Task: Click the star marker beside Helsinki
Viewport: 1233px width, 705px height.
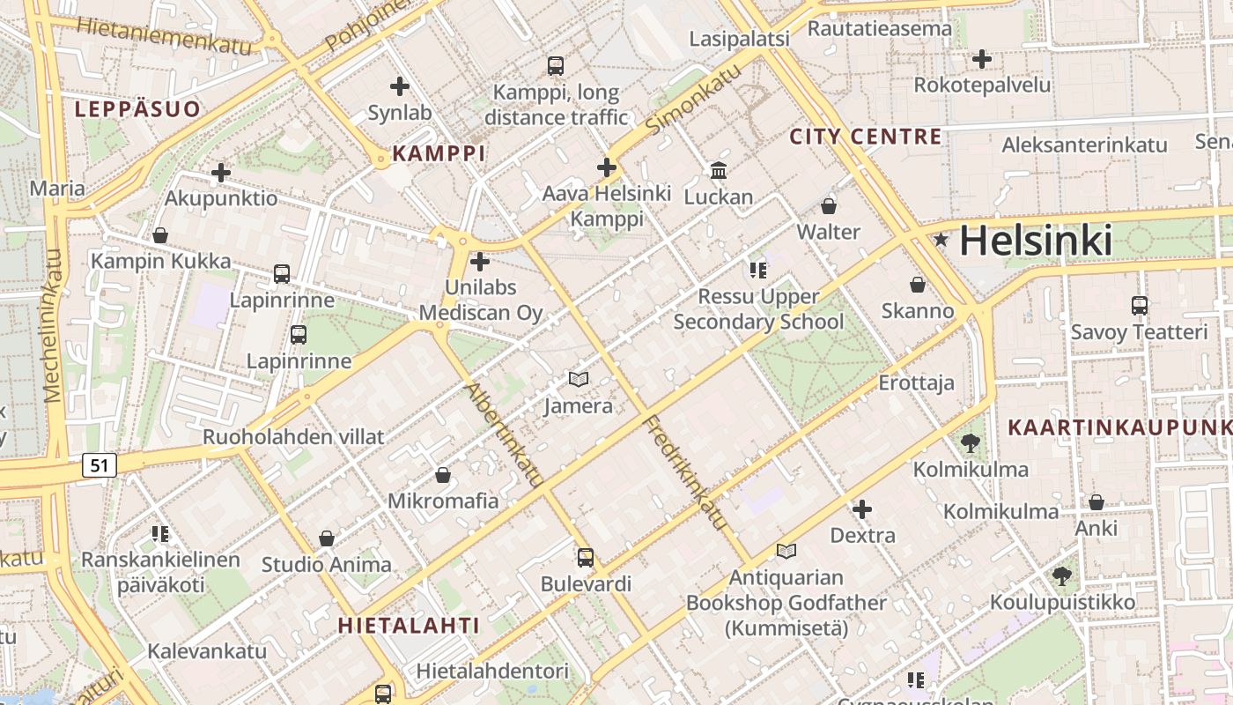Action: click(941, 239)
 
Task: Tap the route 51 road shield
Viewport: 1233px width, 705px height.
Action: click(100, 464)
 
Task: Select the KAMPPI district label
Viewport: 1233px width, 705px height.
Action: click(439, 153)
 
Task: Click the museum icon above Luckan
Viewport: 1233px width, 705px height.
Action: click(719, 170)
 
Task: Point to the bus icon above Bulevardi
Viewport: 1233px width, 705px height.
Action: click(586, 557)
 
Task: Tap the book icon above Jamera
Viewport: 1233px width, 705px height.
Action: click(578, 379)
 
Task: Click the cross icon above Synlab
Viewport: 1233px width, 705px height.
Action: click(400, 86)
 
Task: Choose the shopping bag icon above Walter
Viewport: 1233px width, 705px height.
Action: click(829, 206)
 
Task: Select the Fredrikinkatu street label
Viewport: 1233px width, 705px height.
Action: click(686, 472)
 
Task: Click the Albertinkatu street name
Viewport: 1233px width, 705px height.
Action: click(504, 434)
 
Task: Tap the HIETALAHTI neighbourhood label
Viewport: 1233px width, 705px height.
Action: click(410, 626)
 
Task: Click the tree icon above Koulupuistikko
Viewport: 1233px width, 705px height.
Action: click(1062, 576)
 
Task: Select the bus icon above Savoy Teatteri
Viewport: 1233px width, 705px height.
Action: click(1140, 306)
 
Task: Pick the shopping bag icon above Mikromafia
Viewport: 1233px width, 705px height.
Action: click(443, 475)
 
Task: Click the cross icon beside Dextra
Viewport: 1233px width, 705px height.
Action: click(862, 509)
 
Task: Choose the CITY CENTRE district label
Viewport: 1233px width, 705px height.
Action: click(866, 137)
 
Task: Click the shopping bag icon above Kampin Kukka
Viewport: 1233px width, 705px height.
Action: click(160, 235)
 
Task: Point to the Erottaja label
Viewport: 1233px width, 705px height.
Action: click(917, 382)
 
